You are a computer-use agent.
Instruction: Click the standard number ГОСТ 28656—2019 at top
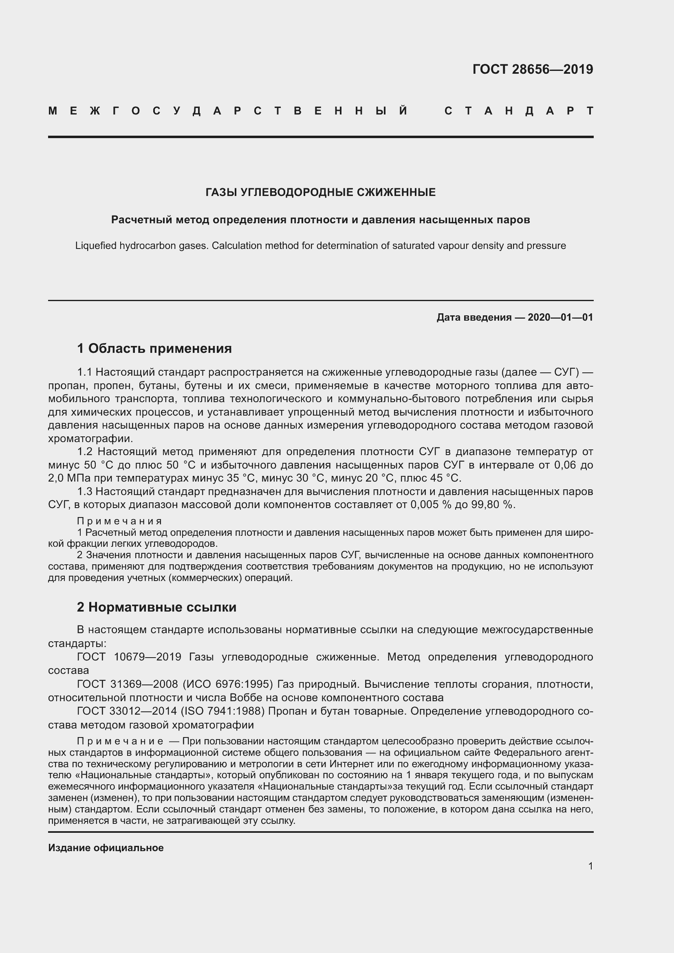click(533, 69)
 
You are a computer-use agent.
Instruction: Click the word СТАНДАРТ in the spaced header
click(518, 111)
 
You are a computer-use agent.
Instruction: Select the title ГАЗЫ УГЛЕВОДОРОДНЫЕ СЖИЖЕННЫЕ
click(320, 192)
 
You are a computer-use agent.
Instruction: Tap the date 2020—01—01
click(560, 317)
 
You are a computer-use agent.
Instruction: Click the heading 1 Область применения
click(154, 348)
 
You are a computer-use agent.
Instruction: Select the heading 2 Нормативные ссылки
click(156, 607)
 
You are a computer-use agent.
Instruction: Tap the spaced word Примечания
click(119, 521)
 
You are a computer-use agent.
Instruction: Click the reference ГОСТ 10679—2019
click(129, 657)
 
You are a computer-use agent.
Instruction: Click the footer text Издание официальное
click(106, 847)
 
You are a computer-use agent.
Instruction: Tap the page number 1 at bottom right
click(590, 866)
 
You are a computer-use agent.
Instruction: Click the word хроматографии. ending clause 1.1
click(90, 439)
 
